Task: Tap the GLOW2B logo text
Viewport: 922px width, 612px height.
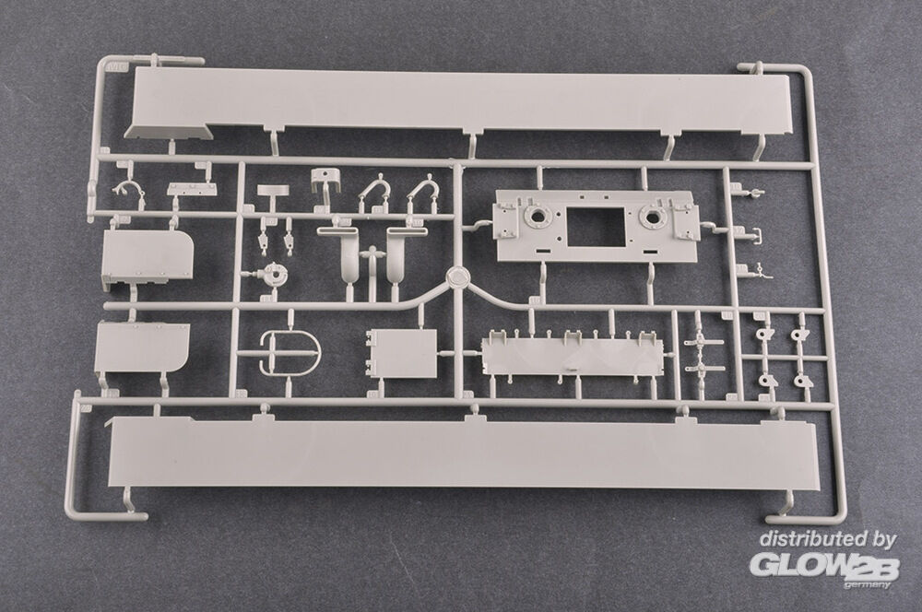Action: tap(823, 566)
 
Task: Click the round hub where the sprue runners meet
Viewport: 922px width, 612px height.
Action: tap(457, 278)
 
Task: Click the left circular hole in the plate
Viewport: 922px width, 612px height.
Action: tap(537, 217)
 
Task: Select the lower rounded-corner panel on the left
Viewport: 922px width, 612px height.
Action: tap(142, 347)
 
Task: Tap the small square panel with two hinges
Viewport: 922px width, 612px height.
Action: tap(402, 353)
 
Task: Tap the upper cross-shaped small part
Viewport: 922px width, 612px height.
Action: tap(703, 342)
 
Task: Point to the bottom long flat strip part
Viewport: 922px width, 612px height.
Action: tap(463, 453)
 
